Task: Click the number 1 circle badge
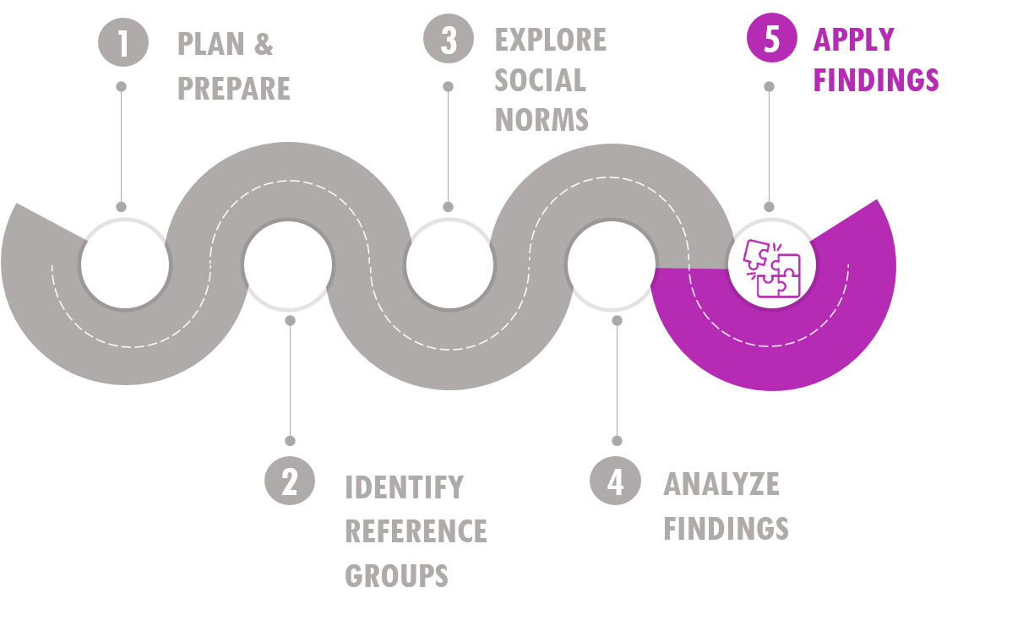pos(123,42)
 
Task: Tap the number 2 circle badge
pos(290,481)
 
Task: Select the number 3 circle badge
pos(449,39)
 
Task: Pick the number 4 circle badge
pos(615,481)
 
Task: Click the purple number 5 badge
pos(772,38)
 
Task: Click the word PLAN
pos(210,45)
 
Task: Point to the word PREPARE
pos(234,89)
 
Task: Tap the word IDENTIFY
pos(405,487)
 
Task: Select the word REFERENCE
pos(416,531)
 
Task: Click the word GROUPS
pos(396,575)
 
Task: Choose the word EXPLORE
pos(551,40)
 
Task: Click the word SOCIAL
pos(540,80)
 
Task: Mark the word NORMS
pos(541,120)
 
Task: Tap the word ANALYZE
pos(721,484)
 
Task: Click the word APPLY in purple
pos(854,40)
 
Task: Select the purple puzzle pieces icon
pos(772,268)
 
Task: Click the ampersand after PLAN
pos(264,45)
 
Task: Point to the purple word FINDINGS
pos(876,80)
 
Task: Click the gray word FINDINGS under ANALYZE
pos(726,528)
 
